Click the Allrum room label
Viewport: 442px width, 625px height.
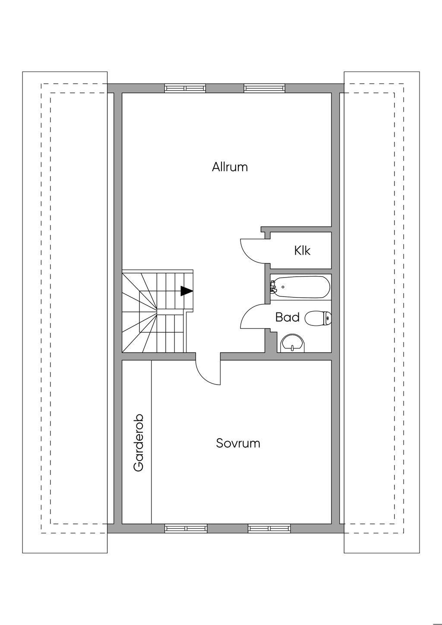[x=230, y=167]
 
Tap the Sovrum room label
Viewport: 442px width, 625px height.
[x=238, y=443]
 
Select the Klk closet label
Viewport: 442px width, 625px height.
[x=302, y=250]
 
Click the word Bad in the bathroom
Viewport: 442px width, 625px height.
[x=287, y=317]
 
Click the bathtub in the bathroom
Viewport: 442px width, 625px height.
[x=300, y=287]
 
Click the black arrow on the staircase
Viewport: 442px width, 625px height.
[x=186, y=291]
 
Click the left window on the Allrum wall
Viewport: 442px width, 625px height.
[x=185, y=88]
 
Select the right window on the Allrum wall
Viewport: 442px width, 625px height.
[x=265, y=88]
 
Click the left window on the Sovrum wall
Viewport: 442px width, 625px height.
[x=186, y=528]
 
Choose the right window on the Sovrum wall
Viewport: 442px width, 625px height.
[x=269, y=528]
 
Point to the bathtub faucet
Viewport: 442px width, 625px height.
[x=273, y=287]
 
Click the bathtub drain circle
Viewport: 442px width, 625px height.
[x=283, y=287]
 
